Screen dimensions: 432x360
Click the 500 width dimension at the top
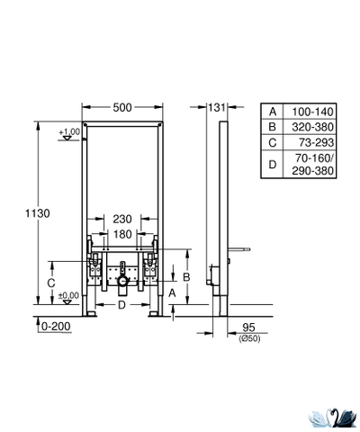pyautogui.click(x=122, y=107)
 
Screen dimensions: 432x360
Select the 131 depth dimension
pyautogui.click(x=215, y=107)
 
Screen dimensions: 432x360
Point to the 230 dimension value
pyautogui.click(x=122, y=219)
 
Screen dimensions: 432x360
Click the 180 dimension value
pyautogui.click(x=122, y=234)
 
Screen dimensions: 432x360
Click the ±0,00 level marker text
pyautogui.click(x=67, y=294)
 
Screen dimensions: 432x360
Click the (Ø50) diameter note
pyautogui.click(x=248, y=338)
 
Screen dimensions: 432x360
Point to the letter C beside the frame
pyautogui.click(x=51, y=282)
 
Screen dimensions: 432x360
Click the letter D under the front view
pyautogui.click(x=121, y=304)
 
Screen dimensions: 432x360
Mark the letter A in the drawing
pyautogui.click(x=171, y=293)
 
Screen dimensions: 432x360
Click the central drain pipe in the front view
pyautogui.click(x=121, y=278)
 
